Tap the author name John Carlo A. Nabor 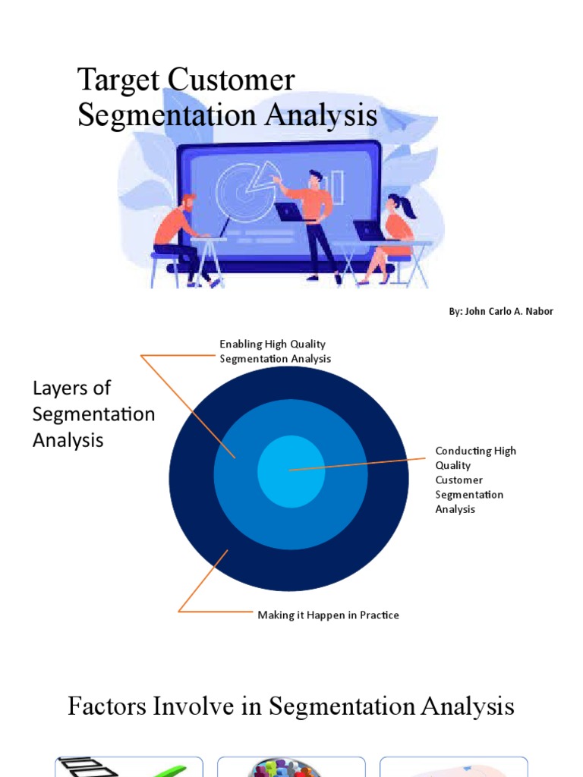point(501,312)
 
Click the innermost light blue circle point(291,470)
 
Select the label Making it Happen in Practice point(328,615)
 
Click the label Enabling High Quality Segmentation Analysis point(275,351)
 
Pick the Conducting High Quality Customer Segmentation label point(475,480)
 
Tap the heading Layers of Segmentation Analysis point(93,414)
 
